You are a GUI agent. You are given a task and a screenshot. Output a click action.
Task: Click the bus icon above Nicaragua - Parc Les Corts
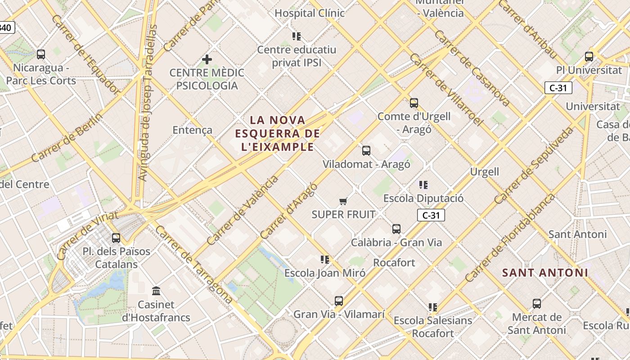41,54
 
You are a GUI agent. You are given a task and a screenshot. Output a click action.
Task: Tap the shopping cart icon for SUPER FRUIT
343,201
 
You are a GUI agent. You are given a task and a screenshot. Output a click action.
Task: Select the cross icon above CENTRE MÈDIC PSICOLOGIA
207,59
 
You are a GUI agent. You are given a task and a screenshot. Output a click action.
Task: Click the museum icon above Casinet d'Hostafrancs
156,291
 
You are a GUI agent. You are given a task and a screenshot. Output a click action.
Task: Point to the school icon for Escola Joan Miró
325,259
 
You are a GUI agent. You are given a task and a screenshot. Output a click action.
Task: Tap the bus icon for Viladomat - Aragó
366,151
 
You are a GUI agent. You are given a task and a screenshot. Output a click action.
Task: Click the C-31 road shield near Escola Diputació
431,215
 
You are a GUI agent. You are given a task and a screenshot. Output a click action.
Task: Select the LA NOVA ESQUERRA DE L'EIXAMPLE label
277,133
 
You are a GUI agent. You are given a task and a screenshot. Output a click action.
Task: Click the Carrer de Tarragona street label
194,265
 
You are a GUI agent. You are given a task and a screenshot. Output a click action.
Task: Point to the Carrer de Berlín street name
67,138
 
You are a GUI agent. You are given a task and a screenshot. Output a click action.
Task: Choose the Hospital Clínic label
310,13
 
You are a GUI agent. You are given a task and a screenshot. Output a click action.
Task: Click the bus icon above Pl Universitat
589,57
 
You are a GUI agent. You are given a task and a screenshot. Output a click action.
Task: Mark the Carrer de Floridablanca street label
511,238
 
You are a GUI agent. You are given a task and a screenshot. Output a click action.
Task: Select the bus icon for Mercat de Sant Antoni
536,304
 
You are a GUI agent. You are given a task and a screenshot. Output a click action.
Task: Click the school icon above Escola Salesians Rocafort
433,307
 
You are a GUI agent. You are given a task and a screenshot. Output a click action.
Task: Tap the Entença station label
192,130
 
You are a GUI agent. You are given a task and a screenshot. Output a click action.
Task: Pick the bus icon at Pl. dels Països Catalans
116,238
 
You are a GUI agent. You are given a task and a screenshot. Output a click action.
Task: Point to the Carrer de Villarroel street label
446,90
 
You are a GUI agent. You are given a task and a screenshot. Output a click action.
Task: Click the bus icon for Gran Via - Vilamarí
339,301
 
